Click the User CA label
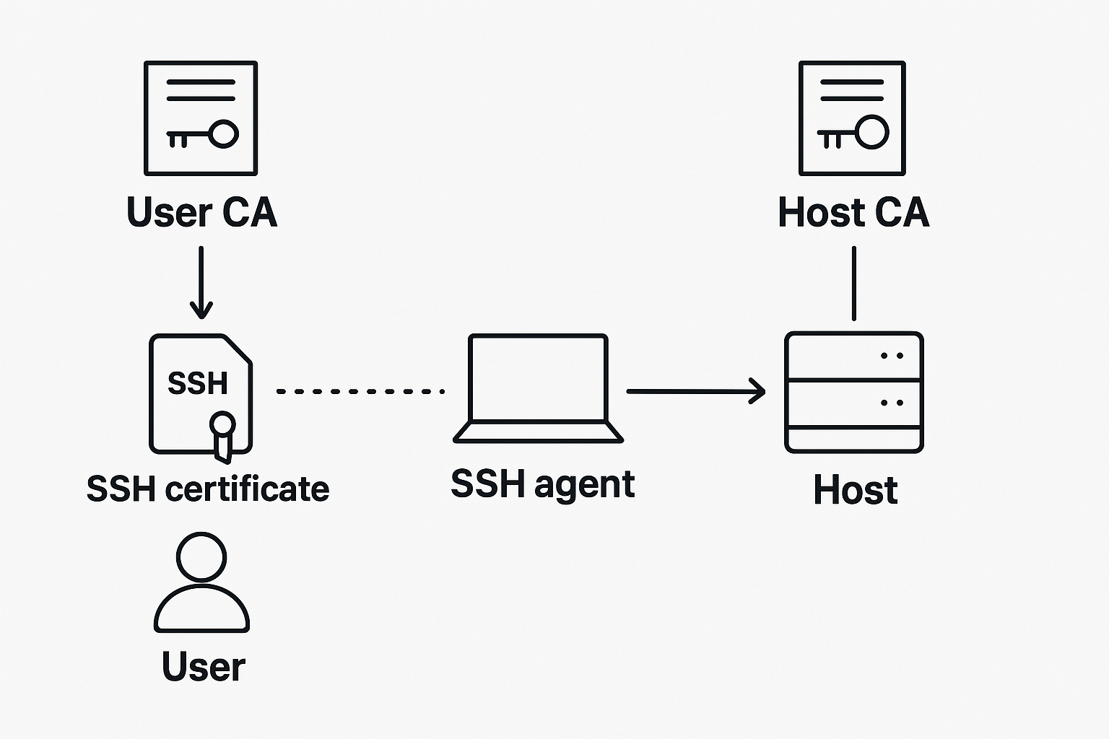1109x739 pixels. [201, 212]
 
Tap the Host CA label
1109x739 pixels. [853, 212]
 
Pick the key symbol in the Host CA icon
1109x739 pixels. [854, 134]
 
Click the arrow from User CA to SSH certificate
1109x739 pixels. [201, 282]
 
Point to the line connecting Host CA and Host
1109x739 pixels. [854, 283]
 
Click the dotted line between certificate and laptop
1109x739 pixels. [360, 391]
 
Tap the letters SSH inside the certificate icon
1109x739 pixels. [197, 383]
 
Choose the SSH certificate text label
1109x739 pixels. [208, 489]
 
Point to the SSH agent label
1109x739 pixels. [542, 484]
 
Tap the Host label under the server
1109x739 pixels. [855, 490]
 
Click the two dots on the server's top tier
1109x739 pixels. [892, 356]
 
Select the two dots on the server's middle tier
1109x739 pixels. [892, 403]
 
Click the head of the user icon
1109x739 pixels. [201, 556]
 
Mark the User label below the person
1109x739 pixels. [203, 666]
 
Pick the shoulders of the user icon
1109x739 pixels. [201, 611]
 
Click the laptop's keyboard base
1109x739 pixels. [538, 432]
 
